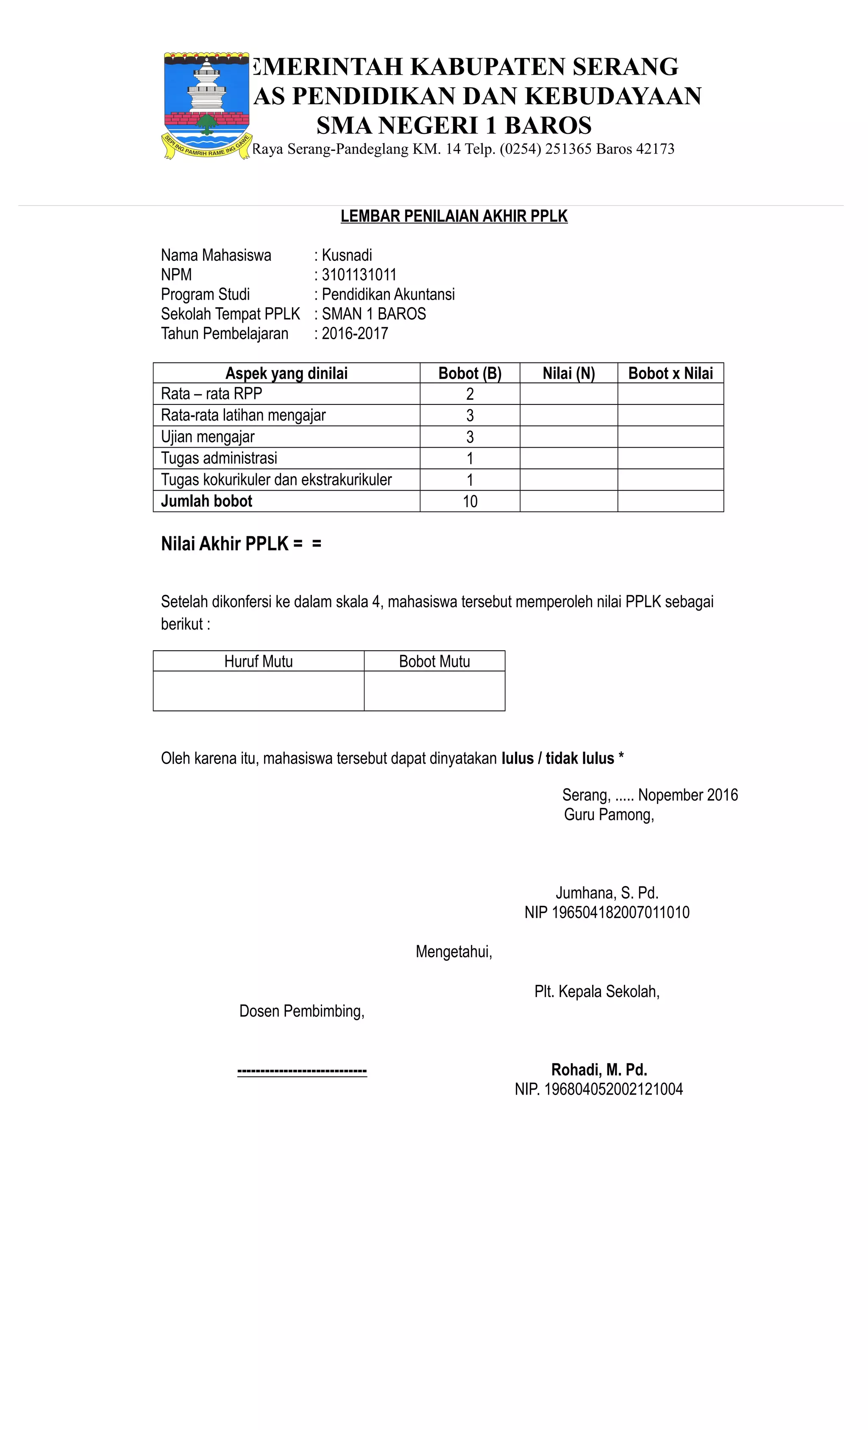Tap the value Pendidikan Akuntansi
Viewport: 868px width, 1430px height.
[x=387, y=294]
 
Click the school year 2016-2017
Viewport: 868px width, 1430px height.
[x=354, y=334]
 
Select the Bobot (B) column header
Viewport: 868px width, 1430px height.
[x=470, y=373]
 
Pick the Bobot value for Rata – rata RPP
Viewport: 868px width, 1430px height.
[x=470, y=394]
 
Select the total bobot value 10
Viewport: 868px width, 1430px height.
[x=470, y=502]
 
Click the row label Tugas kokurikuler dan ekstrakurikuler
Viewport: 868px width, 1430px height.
[x=276, y=479]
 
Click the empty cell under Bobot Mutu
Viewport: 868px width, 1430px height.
[x=434, y=691]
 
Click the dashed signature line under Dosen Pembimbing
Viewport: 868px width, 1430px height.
[x=302, y=1071]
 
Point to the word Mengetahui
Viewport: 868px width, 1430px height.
[x=453, y=952]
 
